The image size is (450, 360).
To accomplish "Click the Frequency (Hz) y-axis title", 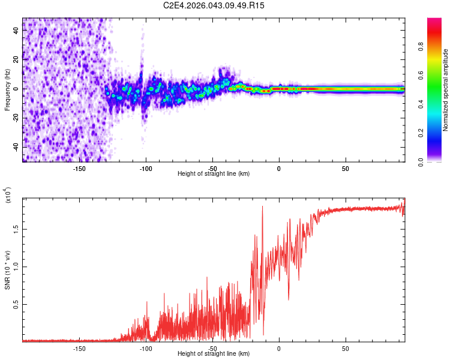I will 8,90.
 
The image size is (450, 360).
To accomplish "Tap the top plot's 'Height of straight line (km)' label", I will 214,174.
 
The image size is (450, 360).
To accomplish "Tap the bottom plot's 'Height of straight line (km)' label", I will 214,354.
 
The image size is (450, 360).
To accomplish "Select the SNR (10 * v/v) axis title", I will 8,269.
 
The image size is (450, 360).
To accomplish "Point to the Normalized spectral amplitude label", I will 446,90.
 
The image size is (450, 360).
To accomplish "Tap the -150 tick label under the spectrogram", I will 79,168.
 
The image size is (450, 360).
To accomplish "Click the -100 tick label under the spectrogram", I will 146,168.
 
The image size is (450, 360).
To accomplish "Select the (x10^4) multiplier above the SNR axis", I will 8,196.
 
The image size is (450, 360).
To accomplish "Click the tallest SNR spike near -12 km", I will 263,207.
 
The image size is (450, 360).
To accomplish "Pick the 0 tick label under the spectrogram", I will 279,168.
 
